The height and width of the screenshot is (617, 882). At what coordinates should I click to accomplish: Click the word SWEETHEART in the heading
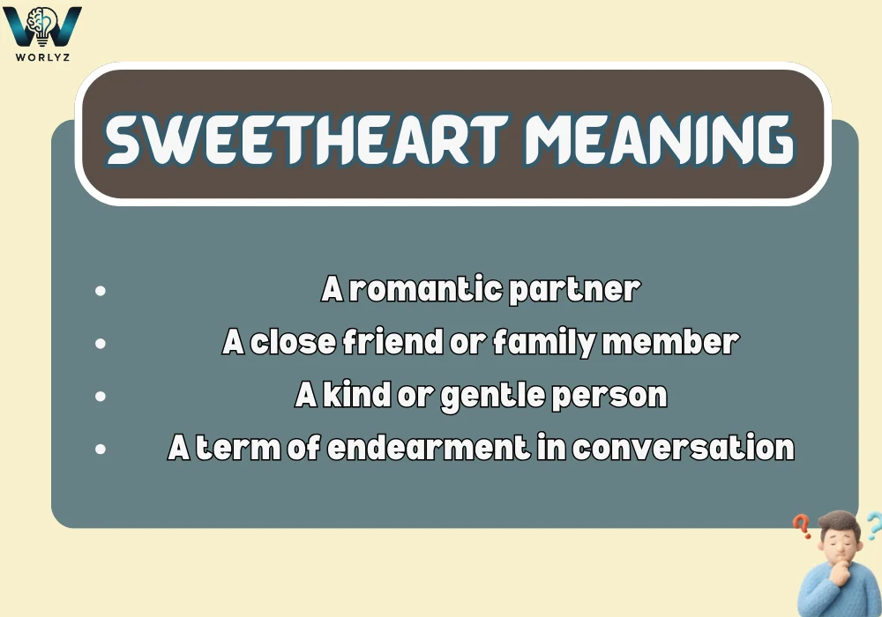click(x=305, y=139)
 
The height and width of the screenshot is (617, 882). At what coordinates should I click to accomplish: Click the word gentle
click(x=492, y=396)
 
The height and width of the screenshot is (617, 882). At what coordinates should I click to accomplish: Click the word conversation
click(x=683, y=448)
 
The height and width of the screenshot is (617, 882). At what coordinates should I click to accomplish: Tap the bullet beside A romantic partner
click(x=101, y=290)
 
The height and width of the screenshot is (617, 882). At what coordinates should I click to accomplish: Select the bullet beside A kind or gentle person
click(x=101, y=396)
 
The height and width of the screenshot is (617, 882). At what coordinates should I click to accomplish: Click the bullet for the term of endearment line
click(x=101, y=449)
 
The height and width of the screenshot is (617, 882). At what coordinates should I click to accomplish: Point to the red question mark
click(x=802, y=527)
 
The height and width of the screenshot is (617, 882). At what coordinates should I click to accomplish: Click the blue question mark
click(x=872, y=526)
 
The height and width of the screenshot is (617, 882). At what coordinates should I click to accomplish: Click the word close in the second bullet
click(x=291, y=342)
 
